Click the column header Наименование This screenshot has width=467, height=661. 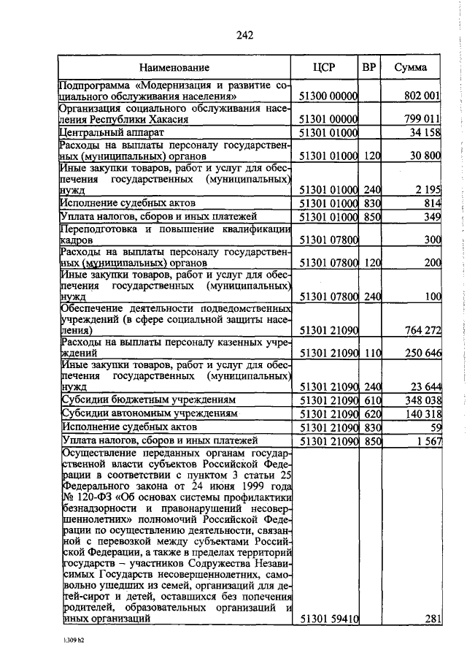coord(174,68)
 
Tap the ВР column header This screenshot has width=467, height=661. coord(370,67)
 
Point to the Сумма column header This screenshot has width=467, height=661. coord(411,68)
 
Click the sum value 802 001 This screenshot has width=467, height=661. coord(421,96)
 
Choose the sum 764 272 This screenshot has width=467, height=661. coord(421,331)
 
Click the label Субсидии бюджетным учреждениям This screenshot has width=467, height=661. coord(148,401)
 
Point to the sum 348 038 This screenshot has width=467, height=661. coord(421,401)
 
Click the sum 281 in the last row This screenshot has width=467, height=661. coord(433,619)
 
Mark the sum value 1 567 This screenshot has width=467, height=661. coord(428,441)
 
